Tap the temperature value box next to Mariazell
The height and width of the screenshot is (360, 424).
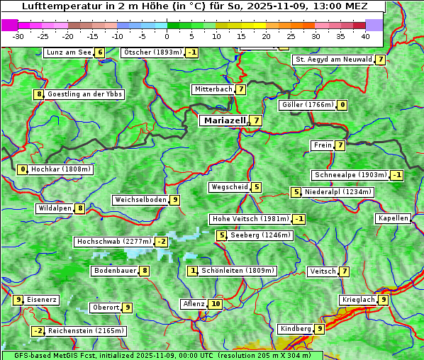pyautogui.click(x=255, y=120)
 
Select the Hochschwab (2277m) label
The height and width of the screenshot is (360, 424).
pyautogui.click(x=113, y=242)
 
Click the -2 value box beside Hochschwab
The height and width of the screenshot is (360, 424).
pyautogui.click(x=162, y=242)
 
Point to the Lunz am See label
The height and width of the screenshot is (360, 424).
pyautogui.click(x=68, y=52)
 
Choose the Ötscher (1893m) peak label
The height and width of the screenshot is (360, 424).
pyautogui.click(x=152, y=52)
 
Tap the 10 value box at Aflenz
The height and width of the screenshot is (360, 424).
pyautogui.click(x=216, y=304)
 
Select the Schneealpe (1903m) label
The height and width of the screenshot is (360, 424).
pyautogui.click(x=350, y=175)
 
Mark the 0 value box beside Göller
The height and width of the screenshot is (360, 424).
pyautogui.click(x=342, y=105)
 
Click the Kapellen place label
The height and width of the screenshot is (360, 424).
pyautogui.click(x=393, y=218)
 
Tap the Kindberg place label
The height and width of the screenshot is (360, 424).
pyautogui.click(x=296, y=329)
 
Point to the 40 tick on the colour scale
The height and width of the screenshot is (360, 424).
pyautogui.click(x=365, y=36)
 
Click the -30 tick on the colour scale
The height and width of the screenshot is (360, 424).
pyautogui.click(x=19, y=36)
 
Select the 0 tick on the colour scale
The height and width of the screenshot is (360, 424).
pyautogui.click(x=167, y=36)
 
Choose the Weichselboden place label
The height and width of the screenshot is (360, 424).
pyautogui.click(x=140, y=200)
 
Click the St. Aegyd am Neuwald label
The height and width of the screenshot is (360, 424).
pyautogui.click(x=333, y=60)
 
